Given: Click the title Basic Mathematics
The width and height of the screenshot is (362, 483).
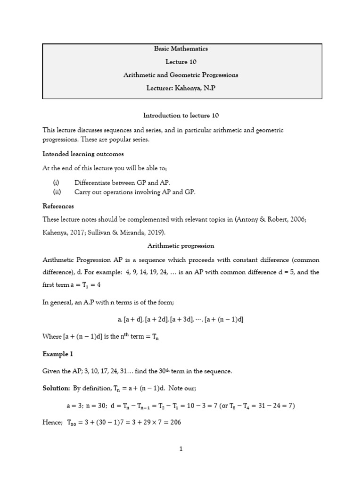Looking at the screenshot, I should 181,49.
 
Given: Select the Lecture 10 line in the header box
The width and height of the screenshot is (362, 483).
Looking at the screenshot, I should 181,62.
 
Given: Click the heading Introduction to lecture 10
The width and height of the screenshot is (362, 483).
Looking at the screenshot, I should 181,115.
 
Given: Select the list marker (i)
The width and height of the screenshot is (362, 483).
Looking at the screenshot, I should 56,182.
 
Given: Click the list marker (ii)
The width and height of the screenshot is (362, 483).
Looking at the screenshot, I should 57,192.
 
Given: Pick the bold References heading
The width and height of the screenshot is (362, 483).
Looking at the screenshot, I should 58,206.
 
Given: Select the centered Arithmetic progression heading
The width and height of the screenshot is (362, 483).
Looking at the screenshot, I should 181,246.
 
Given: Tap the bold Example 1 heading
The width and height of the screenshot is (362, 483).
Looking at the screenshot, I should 58,353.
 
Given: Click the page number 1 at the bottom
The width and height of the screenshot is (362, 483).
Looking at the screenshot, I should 181,450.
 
